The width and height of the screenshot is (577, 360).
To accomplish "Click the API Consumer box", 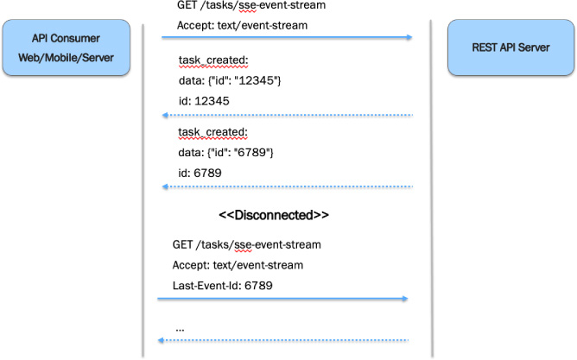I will [x=67, y=47].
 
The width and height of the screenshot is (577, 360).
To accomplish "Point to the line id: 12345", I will [x=201, y=100].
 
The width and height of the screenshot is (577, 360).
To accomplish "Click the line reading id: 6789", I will [x=198, y=172].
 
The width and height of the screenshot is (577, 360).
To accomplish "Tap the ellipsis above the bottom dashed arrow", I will [x=180, y=329].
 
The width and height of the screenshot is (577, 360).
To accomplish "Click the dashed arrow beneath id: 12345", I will [x=285, y=115].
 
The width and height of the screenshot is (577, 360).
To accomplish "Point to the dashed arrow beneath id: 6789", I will [x=285, y=186].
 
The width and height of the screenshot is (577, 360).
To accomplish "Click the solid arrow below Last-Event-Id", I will [x=282, y=299].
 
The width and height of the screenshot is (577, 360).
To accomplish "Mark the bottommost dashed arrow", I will [x=282, y=341].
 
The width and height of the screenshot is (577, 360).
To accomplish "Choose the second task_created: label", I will [x=212, y=132].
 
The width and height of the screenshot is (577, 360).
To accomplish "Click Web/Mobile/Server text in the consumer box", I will [x=67, y=57].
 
